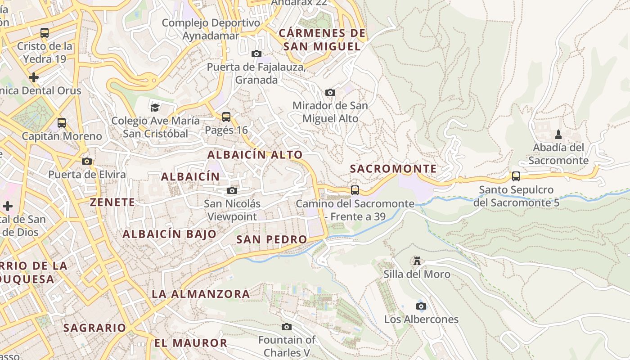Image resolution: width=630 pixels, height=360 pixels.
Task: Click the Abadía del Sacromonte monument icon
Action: point(558,134)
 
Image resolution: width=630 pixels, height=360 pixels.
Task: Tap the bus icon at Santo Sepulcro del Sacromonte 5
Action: point(516,176)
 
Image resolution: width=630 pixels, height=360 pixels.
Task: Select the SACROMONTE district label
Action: point(393,169)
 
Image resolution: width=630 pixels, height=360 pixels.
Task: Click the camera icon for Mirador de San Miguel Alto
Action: point(330,92)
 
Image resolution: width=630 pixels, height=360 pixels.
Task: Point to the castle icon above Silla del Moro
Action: point(417,261)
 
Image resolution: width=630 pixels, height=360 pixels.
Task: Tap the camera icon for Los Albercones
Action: point(421,306)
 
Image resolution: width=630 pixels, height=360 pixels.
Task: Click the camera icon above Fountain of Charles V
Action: point(287,327)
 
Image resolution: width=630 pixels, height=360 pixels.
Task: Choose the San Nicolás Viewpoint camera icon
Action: point(232,191)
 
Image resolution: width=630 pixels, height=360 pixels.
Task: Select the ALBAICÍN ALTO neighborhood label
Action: point(255,155)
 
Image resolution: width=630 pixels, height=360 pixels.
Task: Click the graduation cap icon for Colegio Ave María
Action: point(155,107)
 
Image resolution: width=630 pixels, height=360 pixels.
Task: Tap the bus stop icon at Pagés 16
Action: point(226,117)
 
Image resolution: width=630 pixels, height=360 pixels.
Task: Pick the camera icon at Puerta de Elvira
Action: point(87,161)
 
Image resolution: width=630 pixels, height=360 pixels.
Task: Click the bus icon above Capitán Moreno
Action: point(62,123)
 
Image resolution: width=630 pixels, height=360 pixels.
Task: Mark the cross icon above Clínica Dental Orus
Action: point(33,77)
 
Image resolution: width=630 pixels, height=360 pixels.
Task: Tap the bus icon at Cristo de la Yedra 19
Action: point(45,33)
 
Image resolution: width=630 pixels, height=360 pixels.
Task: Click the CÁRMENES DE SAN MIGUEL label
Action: point(322,40)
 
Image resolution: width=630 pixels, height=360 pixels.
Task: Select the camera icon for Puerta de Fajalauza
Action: point(256,54)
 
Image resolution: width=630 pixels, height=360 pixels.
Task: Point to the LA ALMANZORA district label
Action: point(200,294)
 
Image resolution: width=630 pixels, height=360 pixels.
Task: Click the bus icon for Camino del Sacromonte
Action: point(355,190)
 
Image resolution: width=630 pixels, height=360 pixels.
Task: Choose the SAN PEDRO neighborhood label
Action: point(271,239)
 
